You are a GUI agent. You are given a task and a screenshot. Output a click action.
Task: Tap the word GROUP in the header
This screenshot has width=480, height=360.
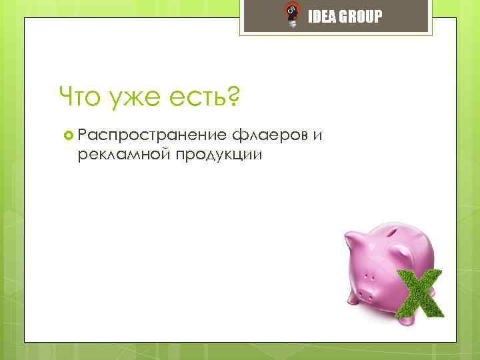360,17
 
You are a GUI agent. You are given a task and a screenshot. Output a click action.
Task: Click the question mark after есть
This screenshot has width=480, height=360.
233,97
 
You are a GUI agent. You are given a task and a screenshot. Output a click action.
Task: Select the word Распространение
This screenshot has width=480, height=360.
153,136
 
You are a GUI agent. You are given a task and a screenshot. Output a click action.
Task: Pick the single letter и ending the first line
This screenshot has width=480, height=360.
319,137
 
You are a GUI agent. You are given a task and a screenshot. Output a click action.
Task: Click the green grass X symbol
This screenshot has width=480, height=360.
418,293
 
